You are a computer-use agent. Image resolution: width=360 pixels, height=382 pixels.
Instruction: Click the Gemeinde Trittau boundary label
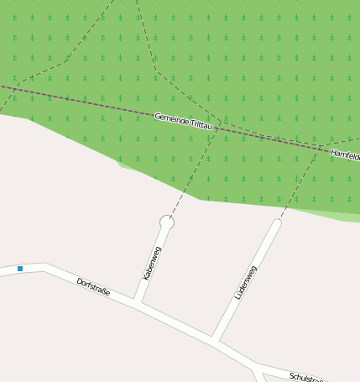pos(185,120)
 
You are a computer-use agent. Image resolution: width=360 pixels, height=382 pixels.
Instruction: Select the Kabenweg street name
pos(151,263)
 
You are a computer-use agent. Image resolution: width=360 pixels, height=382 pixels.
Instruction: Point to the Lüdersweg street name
pos(246,282)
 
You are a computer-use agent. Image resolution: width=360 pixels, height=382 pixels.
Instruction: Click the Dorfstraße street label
pos(93,287)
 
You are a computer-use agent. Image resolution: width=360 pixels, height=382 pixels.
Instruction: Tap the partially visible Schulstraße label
pos(306,378)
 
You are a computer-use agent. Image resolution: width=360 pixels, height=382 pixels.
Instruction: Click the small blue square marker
pos(20,269)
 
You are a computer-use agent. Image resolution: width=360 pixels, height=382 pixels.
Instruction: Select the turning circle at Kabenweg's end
pos(166,222)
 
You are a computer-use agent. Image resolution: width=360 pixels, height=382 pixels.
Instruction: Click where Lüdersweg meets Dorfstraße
pos(215,340)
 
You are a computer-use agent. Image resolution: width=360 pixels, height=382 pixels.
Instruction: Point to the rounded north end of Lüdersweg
pos(277,223)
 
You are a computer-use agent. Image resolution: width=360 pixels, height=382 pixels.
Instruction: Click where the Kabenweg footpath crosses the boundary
pos(217,128)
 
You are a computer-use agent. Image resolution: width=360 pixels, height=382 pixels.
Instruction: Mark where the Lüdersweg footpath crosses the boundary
pos(321,149)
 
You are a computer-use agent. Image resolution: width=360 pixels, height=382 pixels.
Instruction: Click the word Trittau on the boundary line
pos(202,124)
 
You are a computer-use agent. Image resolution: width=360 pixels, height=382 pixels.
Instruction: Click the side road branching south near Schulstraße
pos(261,375)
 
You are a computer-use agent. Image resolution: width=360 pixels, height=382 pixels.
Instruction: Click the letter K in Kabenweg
pos(145,276)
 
